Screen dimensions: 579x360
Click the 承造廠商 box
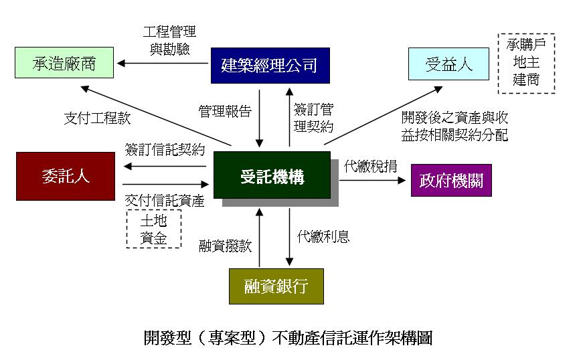coord(64,62)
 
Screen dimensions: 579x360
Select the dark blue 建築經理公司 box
coord(270,66)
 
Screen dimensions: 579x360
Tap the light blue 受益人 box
coord(448,64)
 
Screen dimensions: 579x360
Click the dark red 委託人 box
coord(66,176)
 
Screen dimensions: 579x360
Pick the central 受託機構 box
coord(272,175)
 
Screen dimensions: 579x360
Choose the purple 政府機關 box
coord(451,180)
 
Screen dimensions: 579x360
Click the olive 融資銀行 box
coord(276,286)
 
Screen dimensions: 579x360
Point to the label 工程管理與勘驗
coord(169,40)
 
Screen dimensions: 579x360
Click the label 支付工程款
coord(98,118)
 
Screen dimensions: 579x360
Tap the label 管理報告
coord(225,111)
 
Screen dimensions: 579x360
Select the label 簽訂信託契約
coord(165,149)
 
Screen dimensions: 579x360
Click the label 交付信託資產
coord(165,201)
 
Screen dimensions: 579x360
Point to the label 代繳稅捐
coord(370,166)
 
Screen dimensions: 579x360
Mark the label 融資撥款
coord(226,246)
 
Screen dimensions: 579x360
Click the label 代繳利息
coord(323,237)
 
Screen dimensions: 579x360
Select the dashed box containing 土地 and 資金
coord(154,229)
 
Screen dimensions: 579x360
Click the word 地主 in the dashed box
coord(526,62)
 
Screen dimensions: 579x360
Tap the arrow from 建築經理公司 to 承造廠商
coord(163,64)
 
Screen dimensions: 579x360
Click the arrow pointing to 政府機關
coord(373,180)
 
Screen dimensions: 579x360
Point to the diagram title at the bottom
coord(288,337)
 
